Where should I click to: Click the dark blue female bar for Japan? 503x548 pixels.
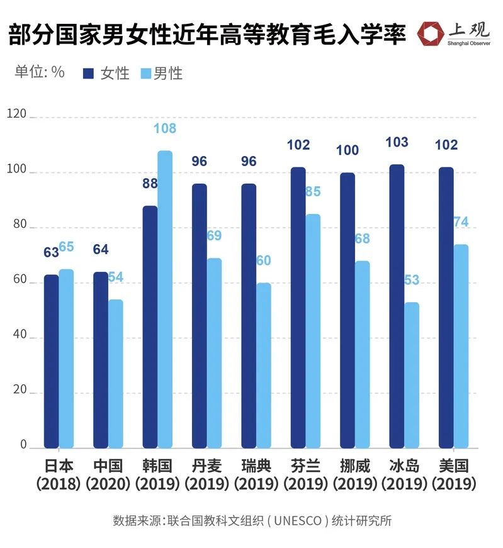(x=51, y=361)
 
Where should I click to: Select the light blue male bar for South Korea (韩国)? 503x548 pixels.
(x=164, y=299)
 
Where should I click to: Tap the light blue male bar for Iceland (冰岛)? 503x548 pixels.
(x=411, y=375)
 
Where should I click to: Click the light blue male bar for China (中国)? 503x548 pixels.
(x=115, y=374)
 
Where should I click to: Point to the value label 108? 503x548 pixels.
(x=164, y=128)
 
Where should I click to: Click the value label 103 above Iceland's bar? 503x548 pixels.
(x=397, y=142)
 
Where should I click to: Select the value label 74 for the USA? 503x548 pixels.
(x=461, y=222)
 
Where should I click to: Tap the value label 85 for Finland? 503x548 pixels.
(x=313, y=191)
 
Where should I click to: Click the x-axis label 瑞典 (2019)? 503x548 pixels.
(x=257, y=475)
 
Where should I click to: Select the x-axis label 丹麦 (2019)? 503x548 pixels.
(x=207, y=475)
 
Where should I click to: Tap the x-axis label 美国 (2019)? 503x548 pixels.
(x=453, y=475)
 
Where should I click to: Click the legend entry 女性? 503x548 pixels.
(x=107, y=73)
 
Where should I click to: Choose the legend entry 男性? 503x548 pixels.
(x=161, y=73)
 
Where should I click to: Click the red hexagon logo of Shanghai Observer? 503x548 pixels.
(x=429, y=34)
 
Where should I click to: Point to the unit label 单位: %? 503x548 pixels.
(x=39, y=72)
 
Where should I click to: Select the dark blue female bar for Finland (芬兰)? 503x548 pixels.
(x=298, y=308)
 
